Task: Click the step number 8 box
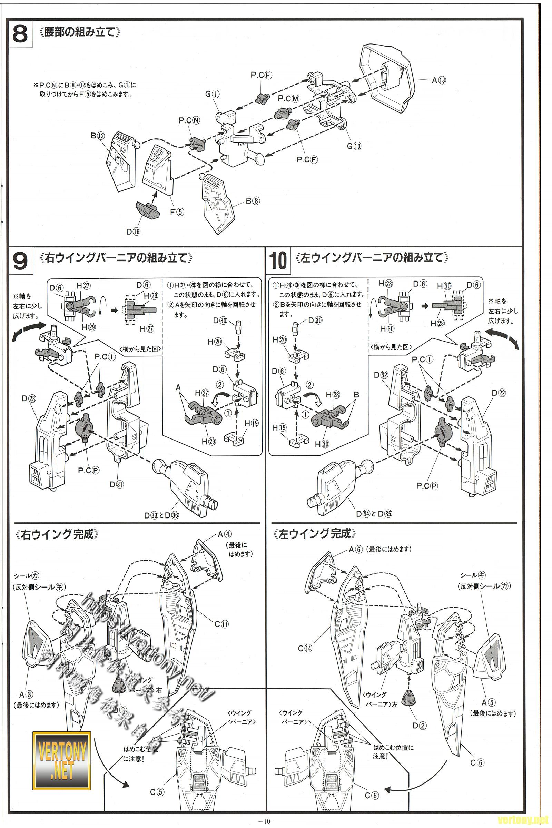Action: point(20,34)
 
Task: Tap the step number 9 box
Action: point(20,260)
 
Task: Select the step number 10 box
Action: point(278,260)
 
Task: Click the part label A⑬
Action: point(438,80)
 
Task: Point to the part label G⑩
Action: point(354,146)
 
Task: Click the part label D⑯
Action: point(133,231)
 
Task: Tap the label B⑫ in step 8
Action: point(98,136)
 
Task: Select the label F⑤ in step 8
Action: point(177,212)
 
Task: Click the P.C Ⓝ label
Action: point(189,120)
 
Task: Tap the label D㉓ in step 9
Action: point(29,398)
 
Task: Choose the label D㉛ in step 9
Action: point(116,484)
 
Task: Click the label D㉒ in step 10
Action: point(499,393)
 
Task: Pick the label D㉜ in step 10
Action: point(381,375)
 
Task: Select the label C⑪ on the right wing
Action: point(221,624)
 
